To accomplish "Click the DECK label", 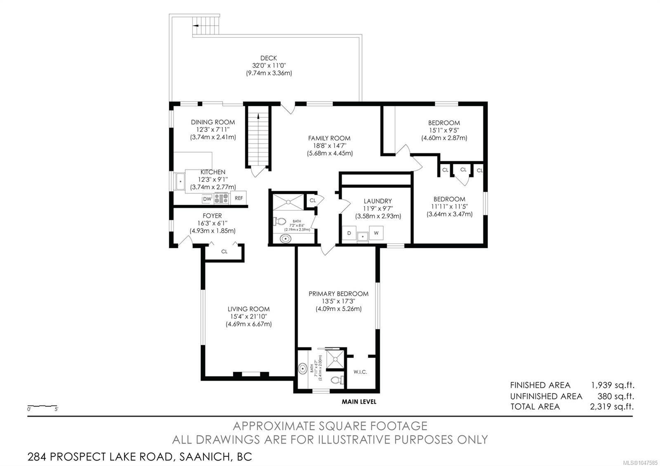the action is pyautogui.click(x=269, y=58).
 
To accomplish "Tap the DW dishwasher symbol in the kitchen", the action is pyautogui.click(x=207, y=199).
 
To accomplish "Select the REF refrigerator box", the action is pyautogui.click(x=239, y=198).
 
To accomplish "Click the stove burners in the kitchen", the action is pyautogui.click(x=221, y=198).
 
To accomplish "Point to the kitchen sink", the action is pyautogui.click(x=180, y=181).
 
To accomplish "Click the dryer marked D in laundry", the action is pyautogui.click(x=349, y=233).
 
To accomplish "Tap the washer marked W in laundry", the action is pyautogui.click(x=376, y=233).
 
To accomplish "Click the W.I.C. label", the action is pyautogui.click(x=360, y=372).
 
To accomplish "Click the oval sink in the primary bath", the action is pyautogui.click(x=303, y=369).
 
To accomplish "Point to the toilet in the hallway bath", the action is pyautogui.click(x=280, y=221).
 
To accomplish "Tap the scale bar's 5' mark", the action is pyautogui.click(x=56, y=409).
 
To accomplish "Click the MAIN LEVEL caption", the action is pyautogui.click(x=359, y=402).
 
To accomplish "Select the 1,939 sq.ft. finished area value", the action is pyautogui.click(x=613, y=385).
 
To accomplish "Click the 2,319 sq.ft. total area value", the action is pyautogui.click(x=612, y=407).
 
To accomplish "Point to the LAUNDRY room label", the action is pyautogui.click(x=378, y=201).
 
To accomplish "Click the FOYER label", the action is pyautogui.click(x=212, y=216).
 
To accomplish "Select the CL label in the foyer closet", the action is pyautogui.click(x=224, y=251).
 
